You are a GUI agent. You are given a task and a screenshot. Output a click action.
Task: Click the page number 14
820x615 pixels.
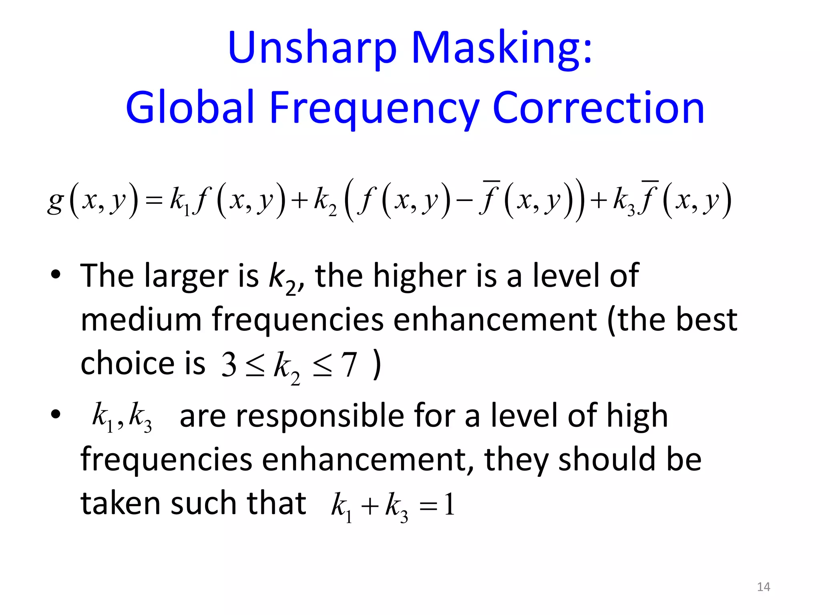point(764,587)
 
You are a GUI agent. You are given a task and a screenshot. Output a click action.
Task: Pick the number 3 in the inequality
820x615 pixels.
point(229,365)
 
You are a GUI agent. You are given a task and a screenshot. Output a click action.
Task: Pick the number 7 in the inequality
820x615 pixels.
point(349,365)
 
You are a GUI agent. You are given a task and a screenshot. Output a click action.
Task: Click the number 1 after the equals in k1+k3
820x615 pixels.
point(449,504)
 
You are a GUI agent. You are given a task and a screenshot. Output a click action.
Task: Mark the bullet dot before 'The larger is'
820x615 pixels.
point(56,275)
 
